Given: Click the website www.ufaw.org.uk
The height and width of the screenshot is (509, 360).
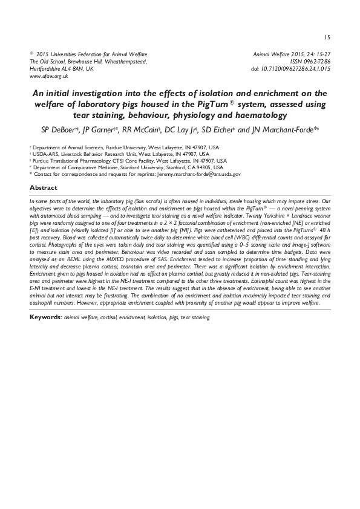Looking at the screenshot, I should pyautogui.click(x=49, y=77).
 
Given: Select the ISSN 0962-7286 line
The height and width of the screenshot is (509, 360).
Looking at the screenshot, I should pyautogui.click(x=309, y=62).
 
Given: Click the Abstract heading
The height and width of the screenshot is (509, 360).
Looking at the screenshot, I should pyautogui.click(x=44, y=188).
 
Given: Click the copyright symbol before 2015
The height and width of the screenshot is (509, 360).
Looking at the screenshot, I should pyautogui.click(x=31, y=54).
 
